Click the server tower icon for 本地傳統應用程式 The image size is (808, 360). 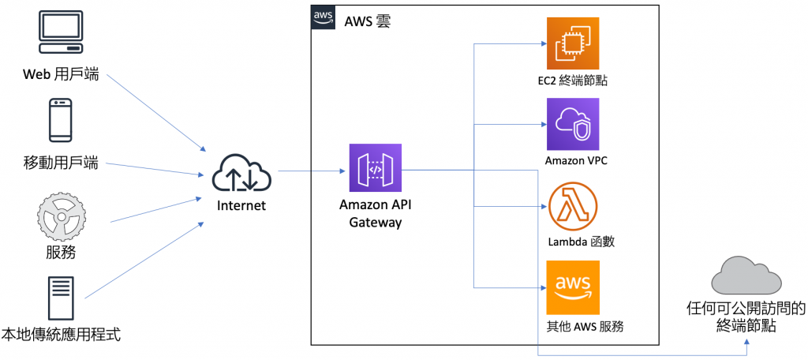(x=62, y=298)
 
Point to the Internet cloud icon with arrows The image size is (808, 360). (x=241, y=173)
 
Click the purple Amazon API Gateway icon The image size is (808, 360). (x=375, y=169)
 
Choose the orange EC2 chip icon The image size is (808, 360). (x=573, y=43)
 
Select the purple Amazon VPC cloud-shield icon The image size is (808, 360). (x=573, y=124)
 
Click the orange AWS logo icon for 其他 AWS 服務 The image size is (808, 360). (x=573, y=287)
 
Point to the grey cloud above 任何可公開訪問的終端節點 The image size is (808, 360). (x=746, y=276)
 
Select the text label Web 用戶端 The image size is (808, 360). (x=61, y=76)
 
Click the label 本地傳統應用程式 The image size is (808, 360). (x=61, y=335)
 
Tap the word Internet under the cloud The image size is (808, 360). (x=241, y=206)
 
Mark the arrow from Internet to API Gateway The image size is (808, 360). (x=312, y=171)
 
